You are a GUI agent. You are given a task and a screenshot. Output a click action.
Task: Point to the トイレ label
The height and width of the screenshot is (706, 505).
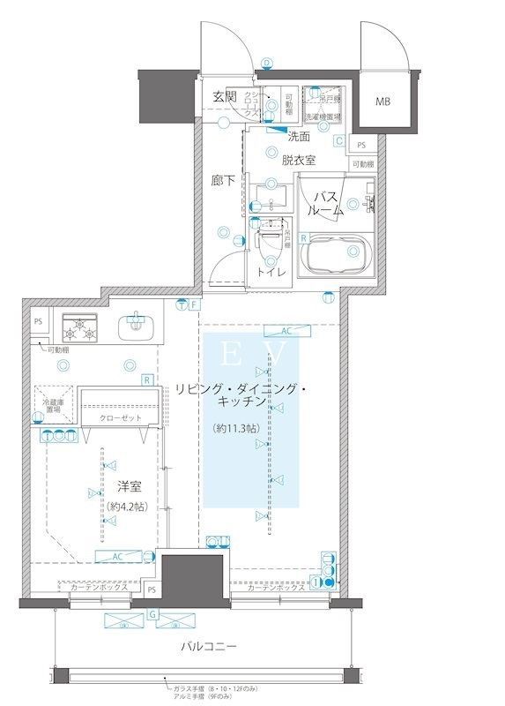(269, 272)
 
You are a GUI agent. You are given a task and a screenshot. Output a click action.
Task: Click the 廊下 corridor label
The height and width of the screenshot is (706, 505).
(223, 180)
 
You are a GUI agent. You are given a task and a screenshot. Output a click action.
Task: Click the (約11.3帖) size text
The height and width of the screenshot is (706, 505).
(238, 428)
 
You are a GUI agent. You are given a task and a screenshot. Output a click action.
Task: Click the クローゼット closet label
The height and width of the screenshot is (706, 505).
(121, 417)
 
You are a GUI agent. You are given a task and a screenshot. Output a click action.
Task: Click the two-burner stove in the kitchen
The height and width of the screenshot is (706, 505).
(81, 330)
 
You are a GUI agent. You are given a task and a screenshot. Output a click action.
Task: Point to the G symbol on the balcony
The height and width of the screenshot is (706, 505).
(153, 612)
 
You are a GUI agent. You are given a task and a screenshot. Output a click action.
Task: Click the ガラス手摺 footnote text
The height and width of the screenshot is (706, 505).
(213, 686)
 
